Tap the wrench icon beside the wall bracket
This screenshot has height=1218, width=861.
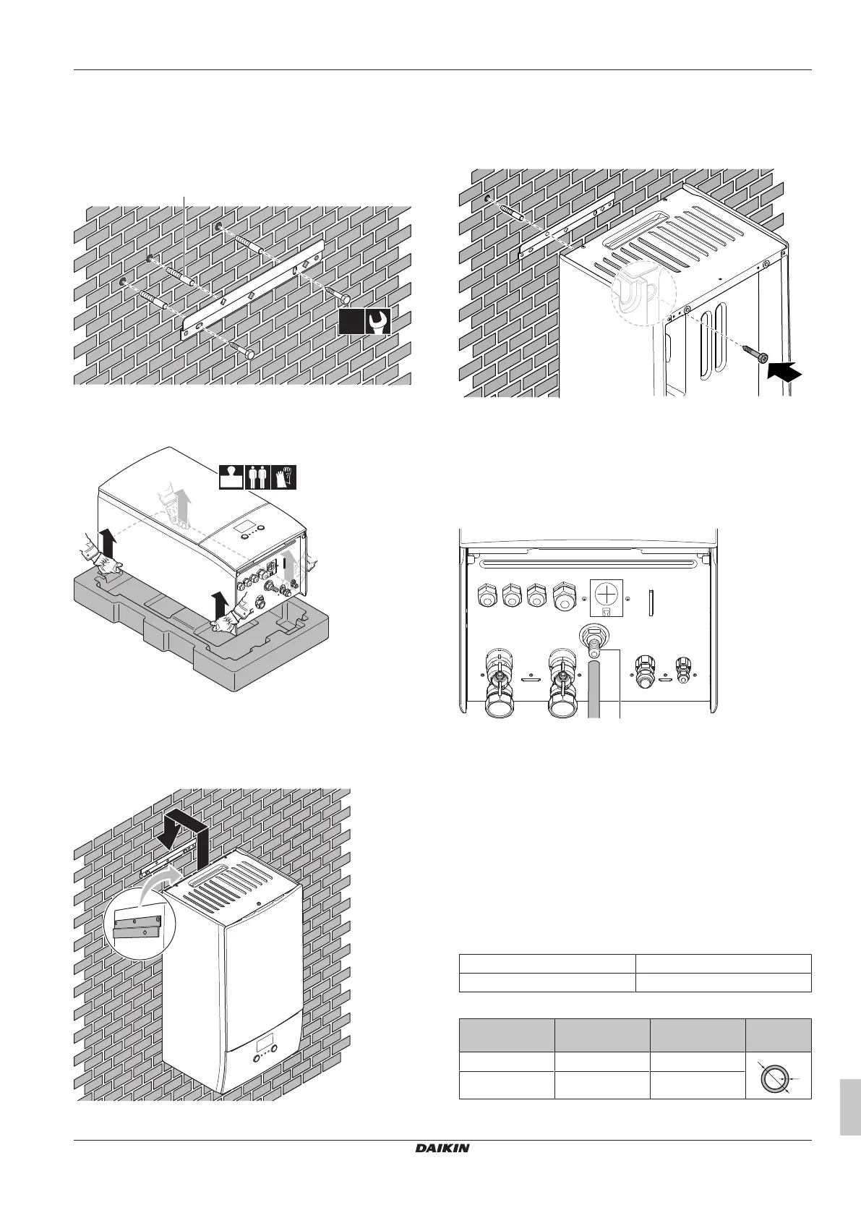click(378, 321)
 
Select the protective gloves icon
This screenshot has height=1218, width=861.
click(285, 478)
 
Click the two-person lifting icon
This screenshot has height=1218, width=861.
click(258, 478)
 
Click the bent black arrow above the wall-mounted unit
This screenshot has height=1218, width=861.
click(185, 838)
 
